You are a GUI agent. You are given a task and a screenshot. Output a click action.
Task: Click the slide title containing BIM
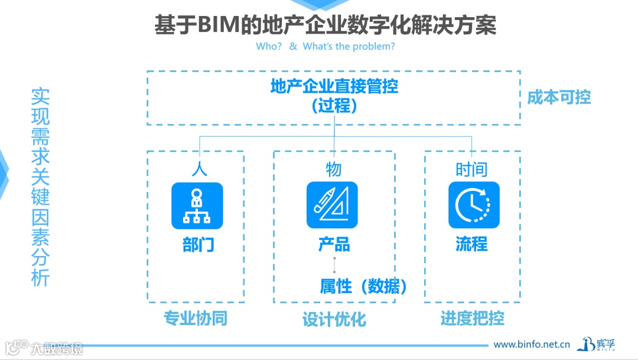click(x=325, y=25)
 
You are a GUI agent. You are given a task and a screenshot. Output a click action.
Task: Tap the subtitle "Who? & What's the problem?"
click(x=325, y=46)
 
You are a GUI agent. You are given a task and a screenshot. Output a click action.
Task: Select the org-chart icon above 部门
click(x=197, y=205)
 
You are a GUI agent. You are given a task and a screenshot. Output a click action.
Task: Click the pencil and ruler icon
click(x=332, y=205)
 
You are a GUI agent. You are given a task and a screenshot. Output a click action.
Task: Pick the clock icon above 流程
click(x=474, y=205)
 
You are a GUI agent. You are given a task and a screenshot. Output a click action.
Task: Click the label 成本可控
click(x=559, y=98)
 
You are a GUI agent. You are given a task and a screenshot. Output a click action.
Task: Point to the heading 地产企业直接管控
click(x=334, y=86)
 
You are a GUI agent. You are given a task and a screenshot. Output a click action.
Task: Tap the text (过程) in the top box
click(x=334, y=106)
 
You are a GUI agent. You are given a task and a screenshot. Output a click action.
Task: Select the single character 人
click(x=199, y=169)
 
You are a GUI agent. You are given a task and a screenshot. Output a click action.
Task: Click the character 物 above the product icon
click(x=334, y=169)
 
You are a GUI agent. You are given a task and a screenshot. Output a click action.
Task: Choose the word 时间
click(x=471, y=170)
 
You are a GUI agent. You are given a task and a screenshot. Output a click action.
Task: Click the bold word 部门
click(x=198, y=244)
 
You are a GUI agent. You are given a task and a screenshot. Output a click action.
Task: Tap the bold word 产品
click(x=334, y=244)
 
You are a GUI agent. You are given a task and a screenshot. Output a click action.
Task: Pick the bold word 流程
click(x=471, y=244)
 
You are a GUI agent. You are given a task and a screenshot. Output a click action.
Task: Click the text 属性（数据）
click(x=363, y=287)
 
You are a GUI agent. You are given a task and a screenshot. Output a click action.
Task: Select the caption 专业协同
click(x=195, y=319)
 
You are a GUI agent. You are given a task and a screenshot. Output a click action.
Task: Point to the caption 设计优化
click(x=334, y=320)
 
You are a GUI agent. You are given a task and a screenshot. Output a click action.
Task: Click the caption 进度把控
click(x=472, y=319)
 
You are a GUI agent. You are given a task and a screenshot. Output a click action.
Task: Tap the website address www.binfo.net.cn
click(x=531, y=344)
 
